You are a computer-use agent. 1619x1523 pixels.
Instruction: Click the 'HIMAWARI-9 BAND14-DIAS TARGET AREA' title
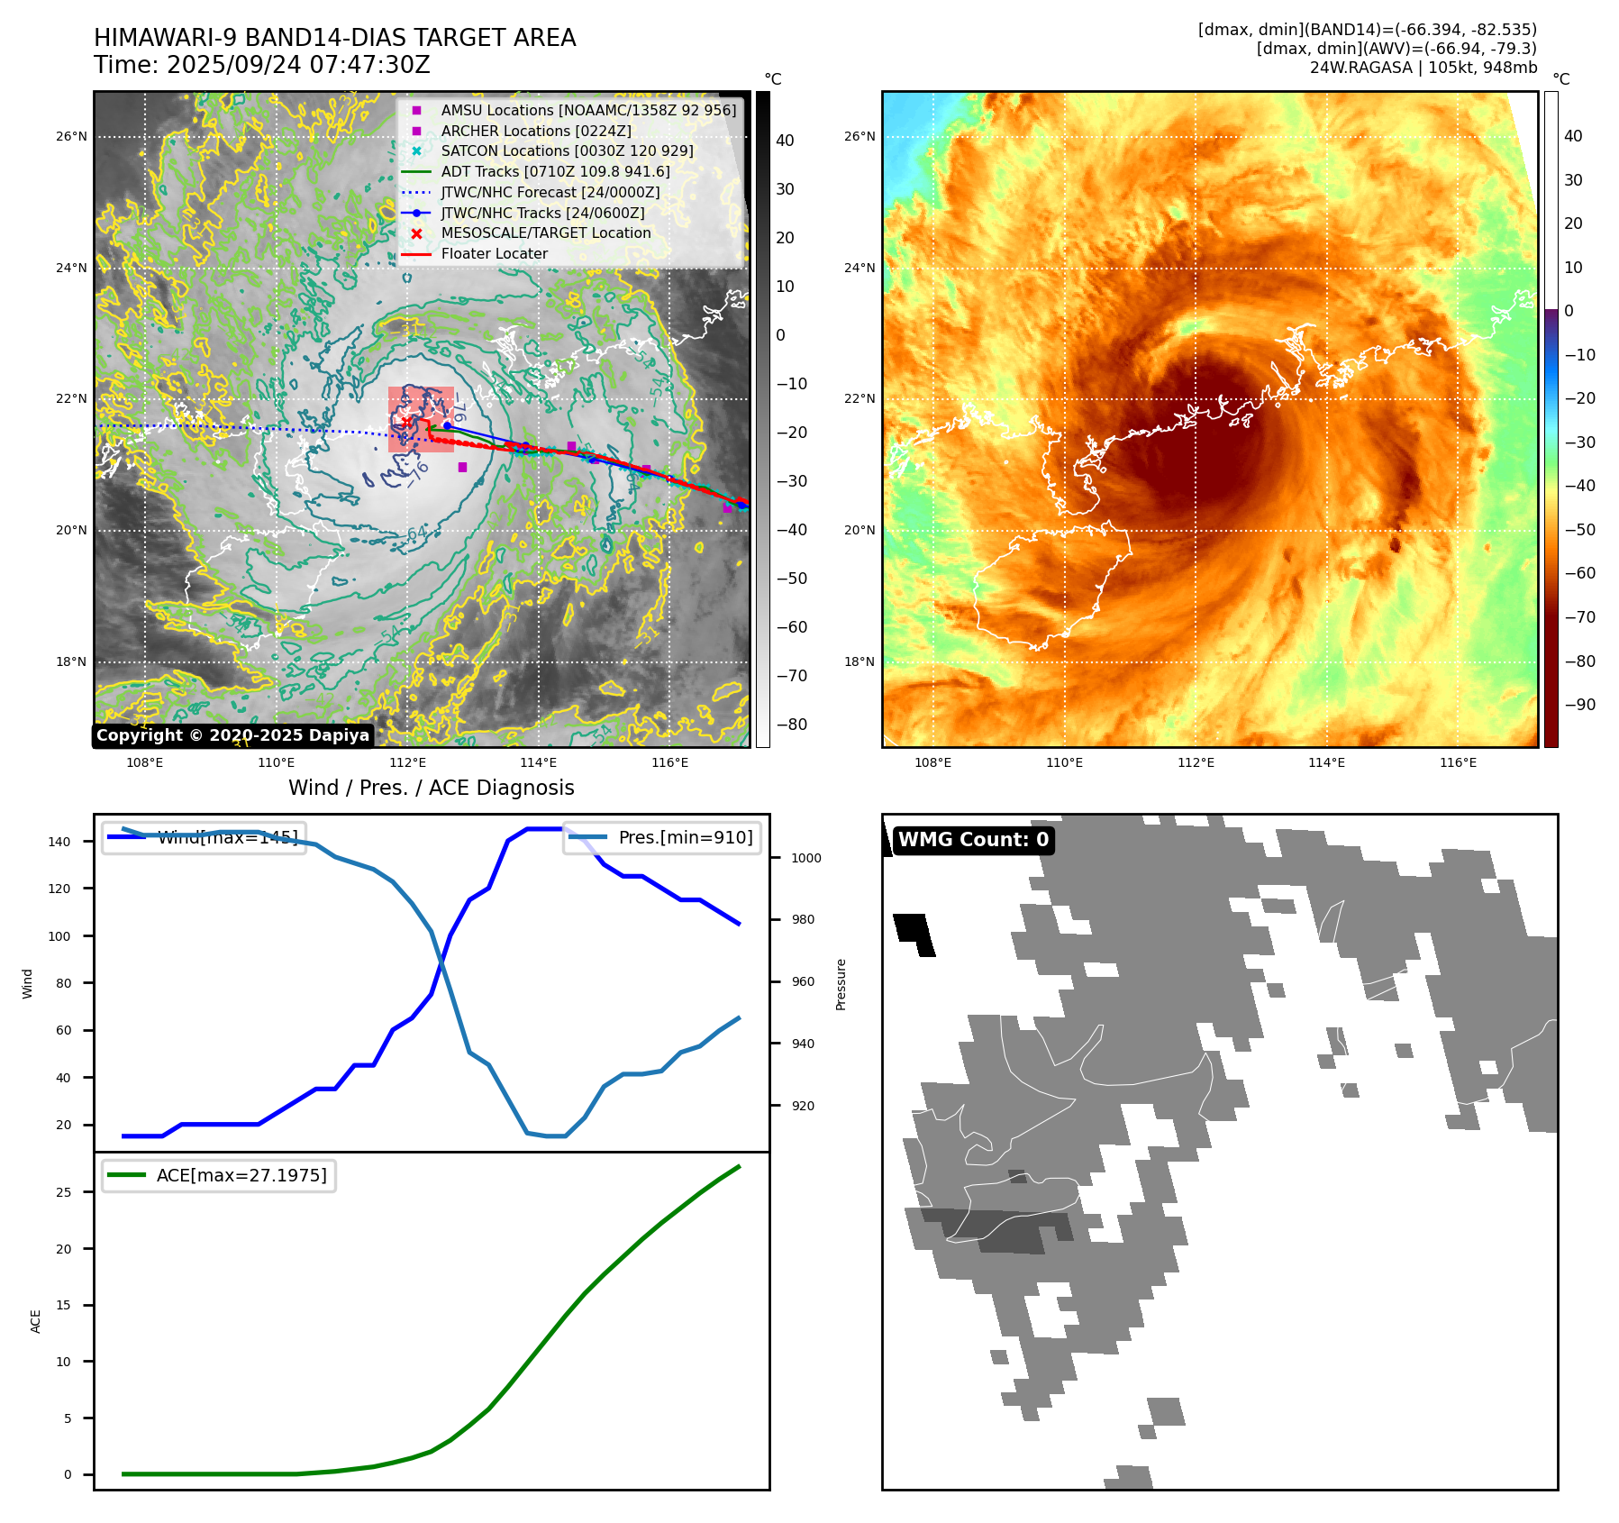click(x=334, y=38)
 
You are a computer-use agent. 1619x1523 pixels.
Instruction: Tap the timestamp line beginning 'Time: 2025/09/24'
click(x=261, y=66)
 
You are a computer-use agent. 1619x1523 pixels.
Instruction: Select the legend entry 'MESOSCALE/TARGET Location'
click(x=545, y=233)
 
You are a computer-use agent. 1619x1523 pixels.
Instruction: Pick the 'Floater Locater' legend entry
click(x=494, y=254)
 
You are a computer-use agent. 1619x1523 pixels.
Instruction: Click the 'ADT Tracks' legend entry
click(x=555, y=171)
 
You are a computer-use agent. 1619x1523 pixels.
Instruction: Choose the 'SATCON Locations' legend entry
click(x=567, y=151)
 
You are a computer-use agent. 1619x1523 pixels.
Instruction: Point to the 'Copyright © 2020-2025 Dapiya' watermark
click(x=232, y=735)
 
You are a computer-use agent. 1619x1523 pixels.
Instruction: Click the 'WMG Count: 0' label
click(x=973, y=840)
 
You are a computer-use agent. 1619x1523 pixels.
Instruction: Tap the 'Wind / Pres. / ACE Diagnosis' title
click(x=431, y=788)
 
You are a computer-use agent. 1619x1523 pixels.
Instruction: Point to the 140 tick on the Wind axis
click(x=59, y=842)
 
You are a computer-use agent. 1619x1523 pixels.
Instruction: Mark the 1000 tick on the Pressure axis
click(x=805, y=858)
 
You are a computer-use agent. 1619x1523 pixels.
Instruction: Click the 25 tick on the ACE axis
click(x=63, y=1192)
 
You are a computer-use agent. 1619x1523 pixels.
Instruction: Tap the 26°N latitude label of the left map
click(x=71, y=137)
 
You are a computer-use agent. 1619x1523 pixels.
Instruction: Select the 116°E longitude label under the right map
click(x=1458, y=762)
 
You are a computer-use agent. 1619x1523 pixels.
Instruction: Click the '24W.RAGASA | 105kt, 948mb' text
click(x=1423, y=68)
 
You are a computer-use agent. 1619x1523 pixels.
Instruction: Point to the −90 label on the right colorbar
click(x=1579, y=705)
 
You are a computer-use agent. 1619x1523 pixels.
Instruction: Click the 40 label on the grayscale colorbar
click(x=785, y=141)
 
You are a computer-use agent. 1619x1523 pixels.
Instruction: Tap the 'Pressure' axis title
click(x=841, y=984)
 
